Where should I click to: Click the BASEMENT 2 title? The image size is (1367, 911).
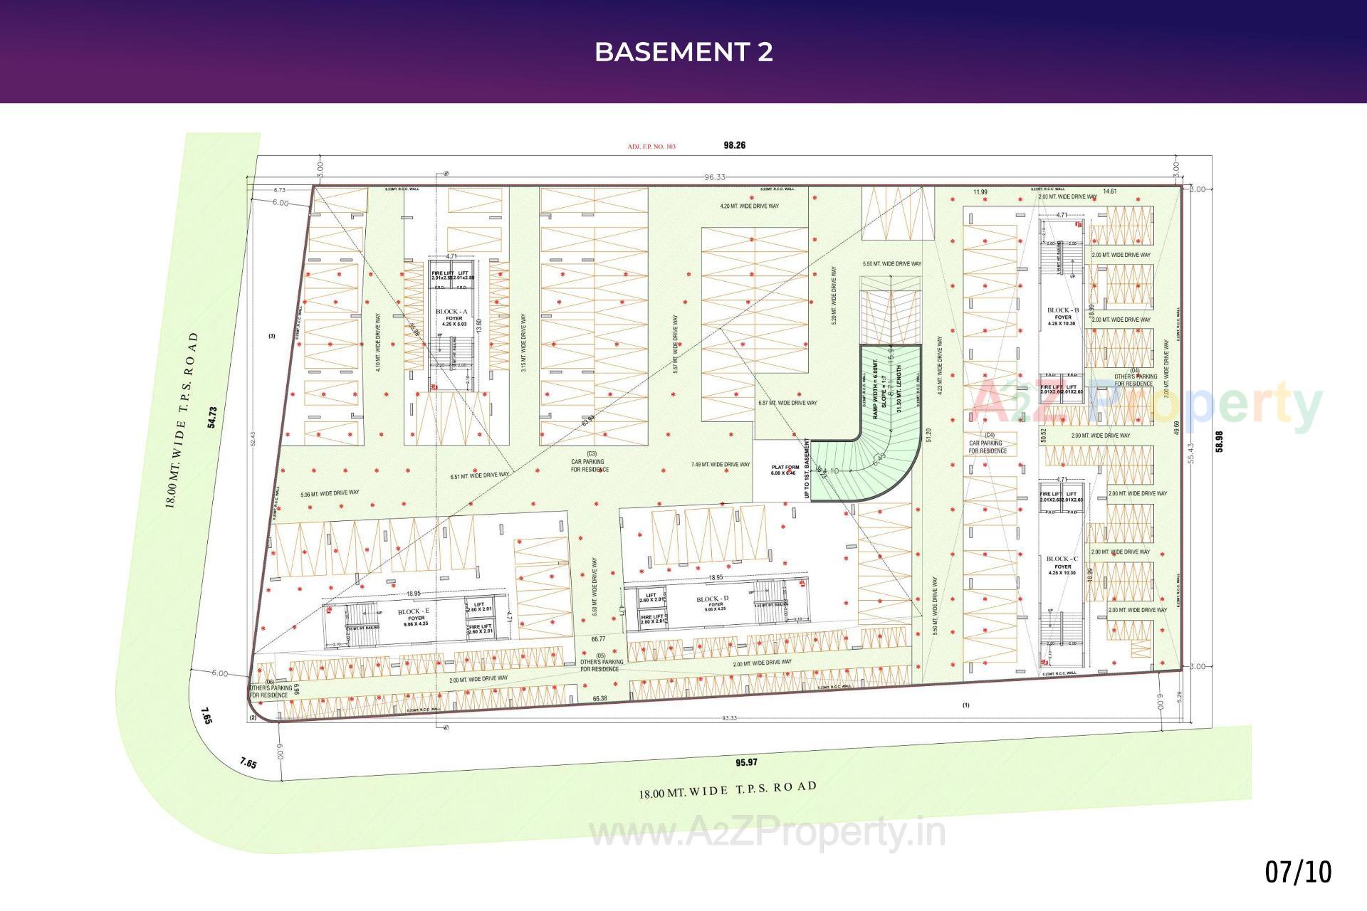683,52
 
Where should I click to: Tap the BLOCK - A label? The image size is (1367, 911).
451,312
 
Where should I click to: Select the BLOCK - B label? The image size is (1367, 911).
1062,310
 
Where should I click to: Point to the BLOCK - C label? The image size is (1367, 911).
1062,559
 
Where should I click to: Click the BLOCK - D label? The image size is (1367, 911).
712,599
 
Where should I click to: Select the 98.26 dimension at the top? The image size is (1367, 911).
734,145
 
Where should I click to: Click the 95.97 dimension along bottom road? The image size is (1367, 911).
746,762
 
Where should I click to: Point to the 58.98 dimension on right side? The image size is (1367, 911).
1219,441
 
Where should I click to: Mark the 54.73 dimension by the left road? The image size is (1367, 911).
211,417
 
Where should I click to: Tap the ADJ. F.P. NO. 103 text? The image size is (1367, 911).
651,147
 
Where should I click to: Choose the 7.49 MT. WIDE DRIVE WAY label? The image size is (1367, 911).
721,465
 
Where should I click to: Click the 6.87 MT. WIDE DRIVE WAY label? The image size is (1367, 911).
787,403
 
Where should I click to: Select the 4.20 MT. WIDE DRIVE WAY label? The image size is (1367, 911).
749,206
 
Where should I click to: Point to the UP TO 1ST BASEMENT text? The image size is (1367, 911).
807,468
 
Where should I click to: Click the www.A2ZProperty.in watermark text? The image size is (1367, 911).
768,833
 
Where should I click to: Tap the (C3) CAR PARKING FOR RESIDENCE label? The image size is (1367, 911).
590,462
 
